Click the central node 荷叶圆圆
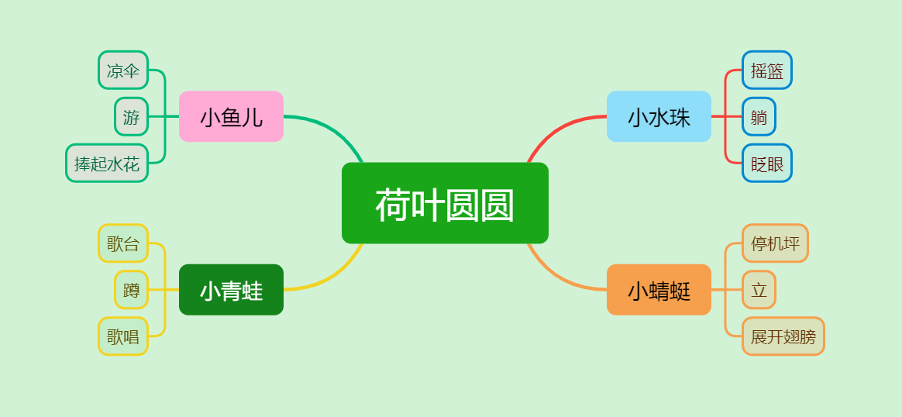tap(445, 203)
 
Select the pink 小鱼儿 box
tap(231, 116)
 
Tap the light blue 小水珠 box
tap(659, 116)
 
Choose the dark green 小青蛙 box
tap(231, 290)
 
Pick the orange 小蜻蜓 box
tap(659, 290)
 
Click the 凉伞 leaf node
tap(123, 70)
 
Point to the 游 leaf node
tap(131, 116)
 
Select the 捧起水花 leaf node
tap(107, 163)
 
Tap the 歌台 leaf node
tap(123, 243)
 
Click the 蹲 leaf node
tap(131, 290)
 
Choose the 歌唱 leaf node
tap(123, 336)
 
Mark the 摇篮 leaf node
tap(767, 70)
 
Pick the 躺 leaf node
tap(759, 116)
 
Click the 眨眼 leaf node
tap(767, 163)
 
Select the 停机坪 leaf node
tap(775, 243)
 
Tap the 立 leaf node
tap(759, 290)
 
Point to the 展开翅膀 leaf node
tap(783, 336)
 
